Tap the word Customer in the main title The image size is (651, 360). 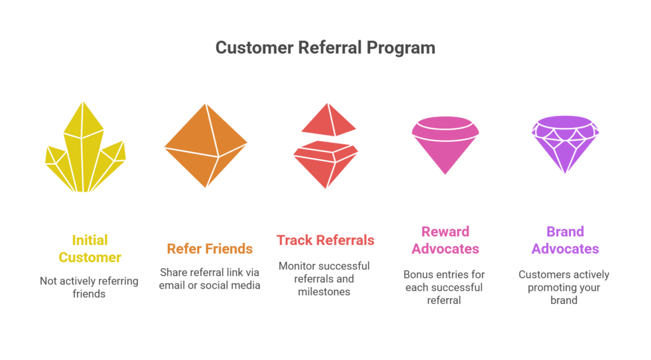coord(254,48)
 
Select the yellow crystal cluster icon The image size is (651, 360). coord(85,147)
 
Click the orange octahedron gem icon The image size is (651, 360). coord(206,145)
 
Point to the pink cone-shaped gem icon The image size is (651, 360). coord(445,145)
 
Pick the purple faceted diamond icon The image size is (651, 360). coord(565,144)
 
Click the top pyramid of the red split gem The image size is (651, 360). coord(329,120)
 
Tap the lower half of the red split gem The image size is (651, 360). coord(326,165)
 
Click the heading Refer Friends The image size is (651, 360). coord(210,249)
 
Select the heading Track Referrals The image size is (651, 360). coord(325,240)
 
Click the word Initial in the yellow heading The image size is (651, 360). coord(90,240)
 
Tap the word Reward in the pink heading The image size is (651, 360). coord(445,232)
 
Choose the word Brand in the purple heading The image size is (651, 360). coord(565,232)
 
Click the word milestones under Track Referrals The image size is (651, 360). coord(324,291)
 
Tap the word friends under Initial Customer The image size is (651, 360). coord(89,294)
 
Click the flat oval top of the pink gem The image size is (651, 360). coord(445,124)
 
